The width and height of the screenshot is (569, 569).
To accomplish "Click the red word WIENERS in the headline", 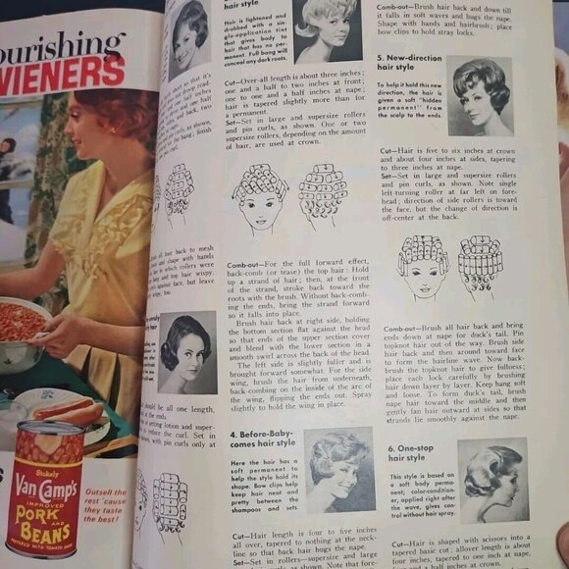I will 63,77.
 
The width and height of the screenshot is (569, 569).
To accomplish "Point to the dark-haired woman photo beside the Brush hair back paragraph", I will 187,350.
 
